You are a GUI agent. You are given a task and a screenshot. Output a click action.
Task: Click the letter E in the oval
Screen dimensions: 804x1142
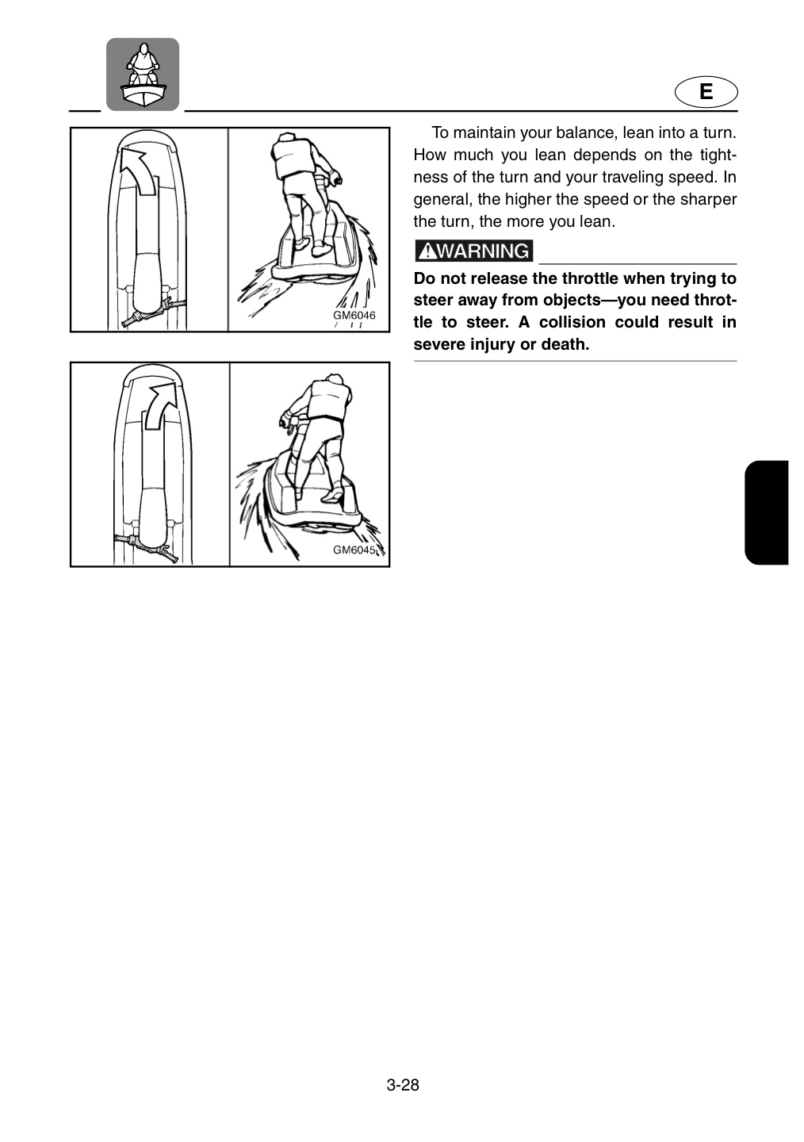[x=706, y=92]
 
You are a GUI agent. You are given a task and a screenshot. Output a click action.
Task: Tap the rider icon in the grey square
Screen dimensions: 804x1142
[x=143, y=75]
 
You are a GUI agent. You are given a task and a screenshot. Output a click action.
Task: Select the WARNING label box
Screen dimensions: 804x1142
[x=473, y=251]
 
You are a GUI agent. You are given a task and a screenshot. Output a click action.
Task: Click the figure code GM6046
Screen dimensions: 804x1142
[x=354, y=315]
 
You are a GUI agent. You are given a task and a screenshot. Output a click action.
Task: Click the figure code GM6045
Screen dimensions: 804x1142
[x=354, y=550]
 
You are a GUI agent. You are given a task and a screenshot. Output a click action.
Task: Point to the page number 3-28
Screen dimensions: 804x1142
[x=402, y=1098]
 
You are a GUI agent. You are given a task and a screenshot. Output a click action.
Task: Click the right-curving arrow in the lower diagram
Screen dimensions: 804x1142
[x=162, y=405]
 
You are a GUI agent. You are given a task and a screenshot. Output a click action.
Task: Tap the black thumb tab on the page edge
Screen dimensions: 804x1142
[x=766, y=512]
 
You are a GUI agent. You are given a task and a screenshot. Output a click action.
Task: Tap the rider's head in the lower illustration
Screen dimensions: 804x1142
[x=335, y=379]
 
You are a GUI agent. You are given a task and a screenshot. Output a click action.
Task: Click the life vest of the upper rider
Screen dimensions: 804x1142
[x=291, y=159]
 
